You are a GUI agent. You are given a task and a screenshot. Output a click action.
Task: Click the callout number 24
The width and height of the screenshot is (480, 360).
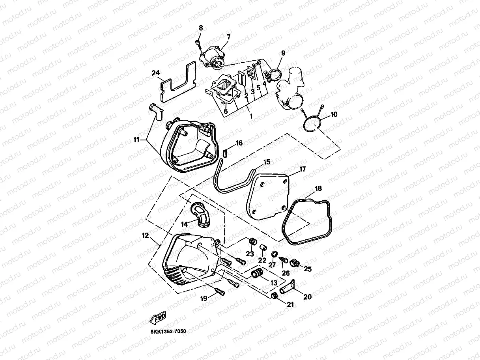click(x=156, y=73)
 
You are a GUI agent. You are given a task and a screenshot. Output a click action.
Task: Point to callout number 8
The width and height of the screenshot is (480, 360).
click(x=201, y=28)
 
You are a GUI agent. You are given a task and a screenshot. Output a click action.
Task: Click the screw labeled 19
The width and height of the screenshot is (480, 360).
click(x=219, y=292)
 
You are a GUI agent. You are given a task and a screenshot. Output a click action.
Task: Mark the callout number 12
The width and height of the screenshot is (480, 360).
click(x=145, y=235)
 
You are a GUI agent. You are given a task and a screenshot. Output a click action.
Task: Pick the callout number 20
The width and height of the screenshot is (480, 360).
click(x=307, y=297)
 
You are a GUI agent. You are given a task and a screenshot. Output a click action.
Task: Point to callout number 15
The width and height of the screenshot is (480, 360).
click(x=267, y=162)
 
